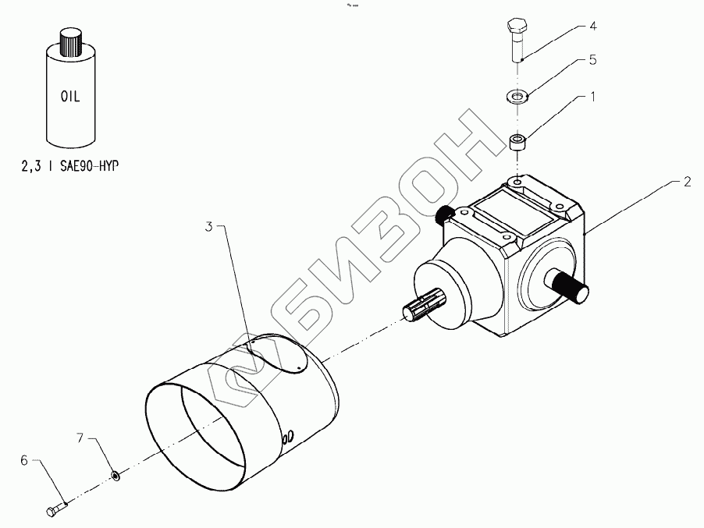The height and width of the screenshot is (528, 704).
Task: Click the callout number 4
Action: pos(593,27)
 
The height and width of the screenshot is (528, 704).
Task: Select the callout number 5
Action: pos(593,59)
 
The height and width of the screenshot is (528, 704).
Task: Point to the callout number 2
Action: pos(687,182)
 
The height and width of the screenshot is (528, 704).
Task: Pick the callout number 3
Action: pos(209,227)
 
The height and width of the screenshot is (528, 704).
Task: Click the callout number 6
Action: pos(24,461)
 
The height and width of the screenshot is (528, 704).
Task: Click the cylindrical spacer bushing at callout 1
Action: pos(517,143)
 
